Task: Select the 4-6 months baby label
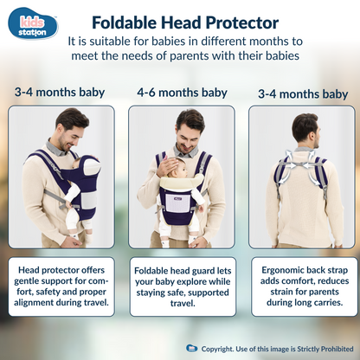pos(182,92)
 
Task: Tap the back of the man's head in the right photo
pos(304,125)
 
